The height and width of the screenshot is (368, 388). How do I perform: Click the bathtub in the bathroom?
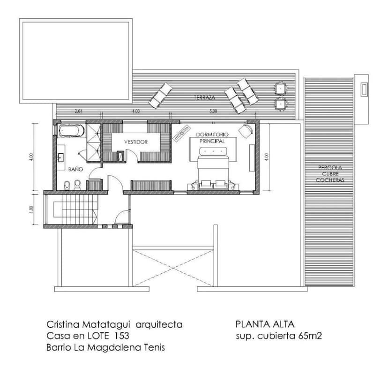point(72,130)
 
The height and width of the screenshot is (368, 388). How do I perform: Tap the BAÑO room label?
point(75,169)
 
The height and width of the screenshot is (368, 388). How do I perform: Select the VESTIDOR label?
point(136,142)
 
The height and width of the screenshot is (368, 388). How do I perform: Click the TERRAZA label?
point(204,98)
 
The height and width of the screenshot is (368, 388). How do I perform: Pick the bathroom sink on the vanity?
point(61,158)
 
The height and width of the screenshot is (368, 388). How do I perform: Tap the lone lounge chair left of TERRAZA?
point(161,95)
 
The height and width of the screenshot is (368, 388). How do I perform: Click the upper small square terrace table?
point(280,88)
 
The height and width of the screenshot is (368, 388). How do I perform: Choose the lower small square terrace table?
point(280,103)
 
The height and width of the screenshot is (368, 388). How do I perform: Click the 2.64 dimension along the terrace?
point(78,112)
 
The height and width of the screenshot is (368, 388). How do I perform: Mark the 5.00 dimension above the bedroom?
point(213,112)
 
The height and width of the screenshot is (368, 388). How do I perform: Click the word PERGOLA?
point(330,167)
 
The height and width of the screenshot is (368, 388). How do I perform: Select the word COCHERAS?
point(330,180)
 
